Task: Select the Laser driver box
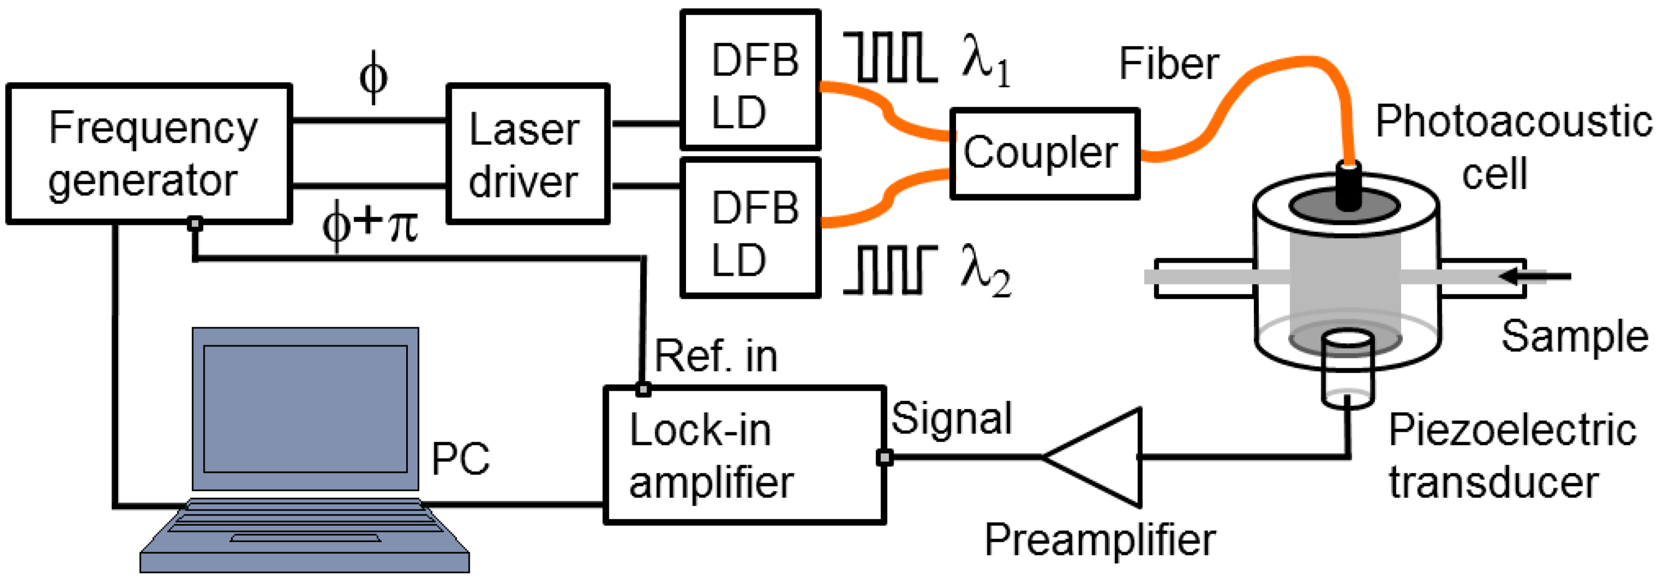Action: [x=527, y=154]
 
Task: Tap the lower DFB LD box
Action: [x=750, y=229]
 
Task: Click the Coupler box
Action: [x=1044, y=154]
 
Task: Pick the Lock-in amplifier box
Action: [x=745, y=455]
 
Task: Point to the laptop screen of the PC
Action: [x=306, y=409]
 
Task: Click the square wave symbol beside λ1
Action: [x=891, y=57]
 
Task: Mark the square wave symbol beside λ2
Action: [x=890, y=270]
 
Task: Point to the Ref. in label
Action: [x=716, y=355]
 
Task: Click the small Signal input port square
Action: [x=884, y=457]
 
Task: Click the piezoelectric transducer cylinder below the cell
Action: [x=1347, y=373]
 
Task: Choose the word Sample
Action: [x=1574, y=336]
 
